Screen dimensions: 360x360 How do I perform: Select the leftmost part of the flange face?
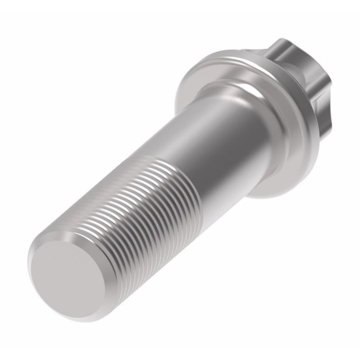click(x=177, y=100)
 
